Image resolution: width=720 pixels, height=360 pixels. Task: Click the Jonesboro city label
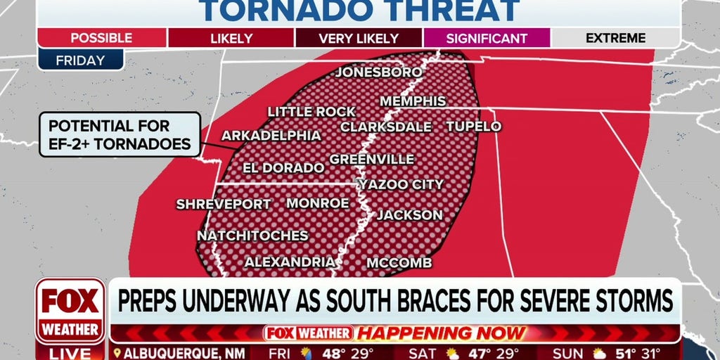click(379, 72)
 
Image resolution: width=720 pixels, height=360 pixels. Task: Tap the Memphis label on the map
click(413, 101)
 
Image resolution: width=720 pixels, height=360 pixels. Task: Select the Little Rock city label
click(311, 112)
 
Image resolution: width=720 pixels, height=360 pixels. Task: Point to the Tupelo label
click(473, 127)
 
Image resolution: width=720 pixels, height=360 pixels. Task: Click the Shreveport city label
click(224, 205)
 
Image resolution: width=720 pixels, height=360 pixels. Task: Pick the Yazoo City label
click(401, 185)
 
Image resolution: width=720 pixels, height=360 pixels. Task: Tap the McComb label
click(399, 263)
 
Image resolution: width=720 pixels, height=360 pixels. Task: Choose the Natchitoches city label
click(252, 236)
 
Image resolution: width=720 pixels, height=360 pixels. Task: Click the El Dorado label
click(283, 168)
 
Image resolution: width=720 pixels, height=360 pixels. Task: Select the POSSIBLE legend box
click(101, 38)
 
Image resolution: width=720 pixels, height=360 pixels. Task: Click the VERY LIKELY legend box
click(359, 38)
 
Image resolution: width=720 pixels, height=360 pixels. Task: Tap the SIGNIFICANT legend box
click(487, 38)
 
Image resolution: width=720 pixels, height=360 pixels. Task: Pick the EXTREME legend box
click(616, 38)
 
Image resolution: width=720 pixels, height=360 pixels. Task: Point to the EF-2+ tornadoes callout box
click(120, 135)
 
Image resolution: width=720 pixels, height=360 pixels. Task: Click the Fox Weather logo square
click(70, 310)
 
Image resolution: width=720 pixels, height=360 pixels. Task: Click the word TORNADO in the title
click(281, 11)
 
